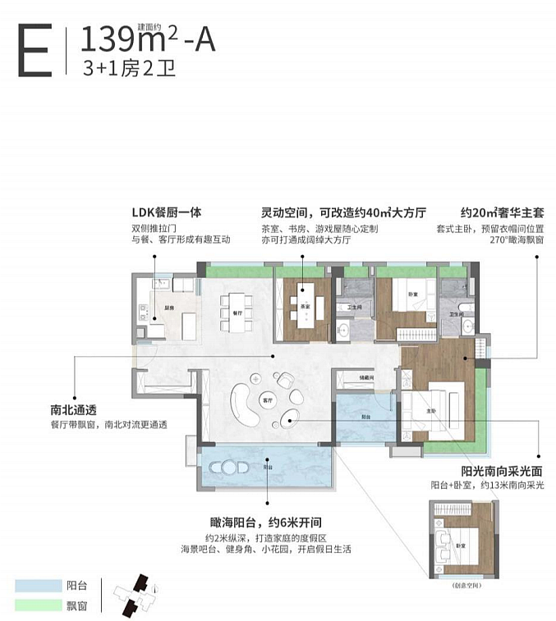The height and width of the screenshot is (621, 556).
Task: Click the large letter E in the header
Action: (x=34, y=51)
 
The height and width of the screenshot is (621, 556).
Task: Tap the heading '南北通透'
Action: (x=71, y=409)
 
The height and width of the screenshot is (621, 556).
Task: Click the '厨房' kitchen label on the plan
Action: (x=168, y=308)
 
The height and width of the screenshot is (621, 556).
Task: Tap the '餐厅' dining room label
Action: (x=237, y=313)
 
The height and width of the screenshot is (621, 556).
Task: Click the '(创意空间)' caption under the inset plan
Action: (x=464, y=587)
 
